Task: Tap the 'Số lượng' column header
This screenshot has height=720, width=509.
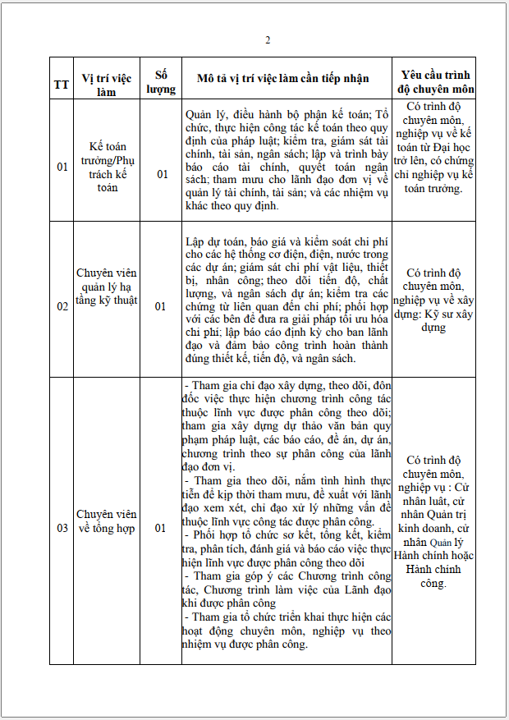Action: click(162, 78)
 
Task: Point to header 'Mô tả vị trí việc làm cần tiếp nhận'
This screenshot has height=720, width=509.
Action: click(283, 78)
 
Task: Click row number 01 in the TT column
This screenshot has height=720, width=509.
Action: click(62, 167)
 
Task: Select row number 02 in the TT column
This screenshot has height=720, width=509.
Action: click(62, 307)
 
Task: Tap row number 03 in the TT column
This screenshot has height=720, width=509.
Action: click(62, 528)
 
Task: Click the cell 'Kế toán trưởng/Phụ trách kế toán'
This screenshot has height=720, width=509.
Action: click(107, 167)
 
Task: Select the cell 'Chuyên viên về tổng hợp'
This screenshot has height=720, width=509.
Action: click(107, 521)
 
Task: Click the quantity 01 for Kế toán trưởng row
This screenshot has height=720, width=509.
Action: click(162, 173)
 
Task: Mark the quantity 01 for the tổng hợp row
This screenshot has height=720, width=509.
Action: click(162, 528)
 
